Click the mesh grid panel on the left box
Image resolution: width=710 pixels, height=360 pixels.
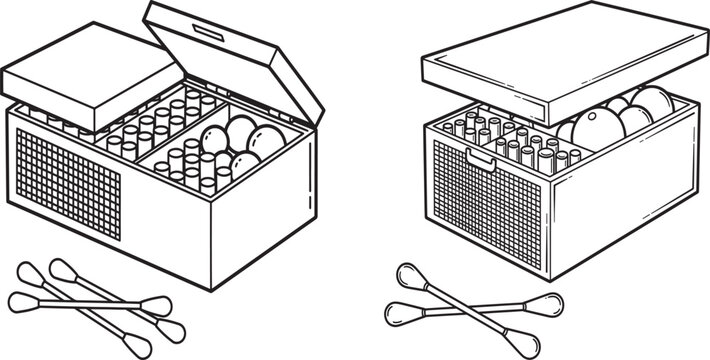pyautogui.click(x=66, y=185)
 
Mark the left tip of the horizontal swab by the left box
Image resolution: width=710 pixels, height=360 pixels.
pyautogui.click(x=22, y=298)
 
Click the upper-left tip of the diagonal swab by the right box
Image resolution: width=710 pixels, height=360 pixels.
pyautogui.click(x=409, y=276)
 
